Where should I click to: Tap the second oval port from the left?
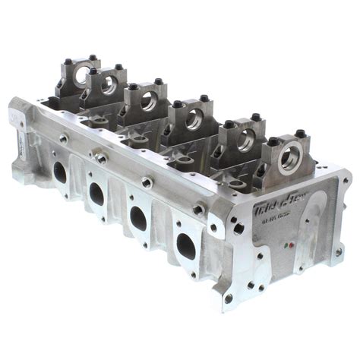96,194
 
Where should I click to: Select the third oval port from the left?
138,219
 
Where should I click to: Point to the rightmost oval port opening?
185,245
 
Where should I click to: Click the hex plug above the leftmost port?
63,138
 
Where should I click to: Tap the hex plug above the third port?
147,182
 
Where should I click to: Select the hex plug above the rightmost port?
198,210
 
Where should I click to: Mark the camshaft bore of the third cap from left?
150,99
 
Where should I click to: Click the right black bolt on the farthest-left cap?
93,58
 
